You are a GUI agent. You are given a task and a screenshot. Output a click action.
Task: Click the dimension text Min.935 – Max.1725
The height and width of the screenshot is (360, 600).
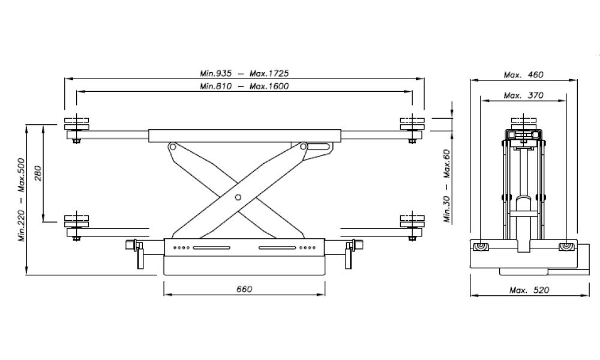[x=244, y=73]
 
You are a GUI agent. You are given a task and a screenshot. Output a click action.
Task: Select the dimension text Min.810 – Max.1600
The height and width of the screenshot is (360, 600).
[x=244, y=86]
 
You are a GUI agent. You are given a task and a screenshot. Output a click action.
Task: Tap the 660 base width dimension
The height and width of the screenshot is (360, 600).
[x=244, y=289]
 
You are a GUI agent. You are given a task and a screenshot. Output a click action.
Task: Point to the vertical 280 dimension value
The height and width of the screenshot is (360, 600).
[x=37, y=173]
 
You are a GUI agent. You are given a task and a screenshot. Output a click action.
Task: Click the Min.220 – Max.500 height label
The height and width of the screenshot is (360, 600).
[x=22, y=200]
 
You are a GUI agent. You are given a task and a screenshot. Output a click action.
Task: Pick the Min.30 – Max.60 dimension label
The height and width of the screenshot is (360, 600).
[x=446, y=185]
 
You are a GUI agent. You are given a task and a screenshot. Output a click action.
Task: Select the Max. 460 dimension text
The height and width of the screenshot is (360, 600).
[x=523, y=74]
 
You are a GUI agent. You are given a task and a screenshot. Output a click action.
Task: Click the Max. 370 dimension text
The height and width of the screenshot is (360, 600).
[x=523, y=95]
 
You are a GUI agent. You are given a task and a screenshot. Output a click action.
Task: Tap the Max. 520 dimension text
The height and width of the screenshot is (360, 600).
[x=529, y=290]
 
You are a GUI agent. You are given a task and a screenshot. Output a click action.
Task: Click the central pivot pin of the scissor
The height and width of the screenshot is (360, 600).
[x=238, y=197]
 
